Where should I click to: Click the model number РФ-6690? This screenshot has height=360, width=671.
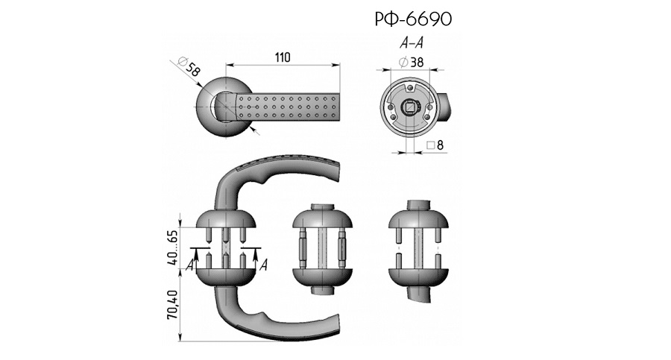coord(414,19)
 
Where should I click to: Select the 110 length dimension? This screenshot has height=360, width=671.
coord(281,57)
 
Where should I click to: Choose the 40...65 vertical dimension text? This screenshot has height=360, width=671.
coord(173,247)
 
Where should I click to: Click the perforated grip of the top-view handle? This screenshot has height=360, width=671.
coord(291,107)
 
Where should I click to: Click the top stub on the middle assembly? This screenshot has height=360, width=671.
coord(322,206)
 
